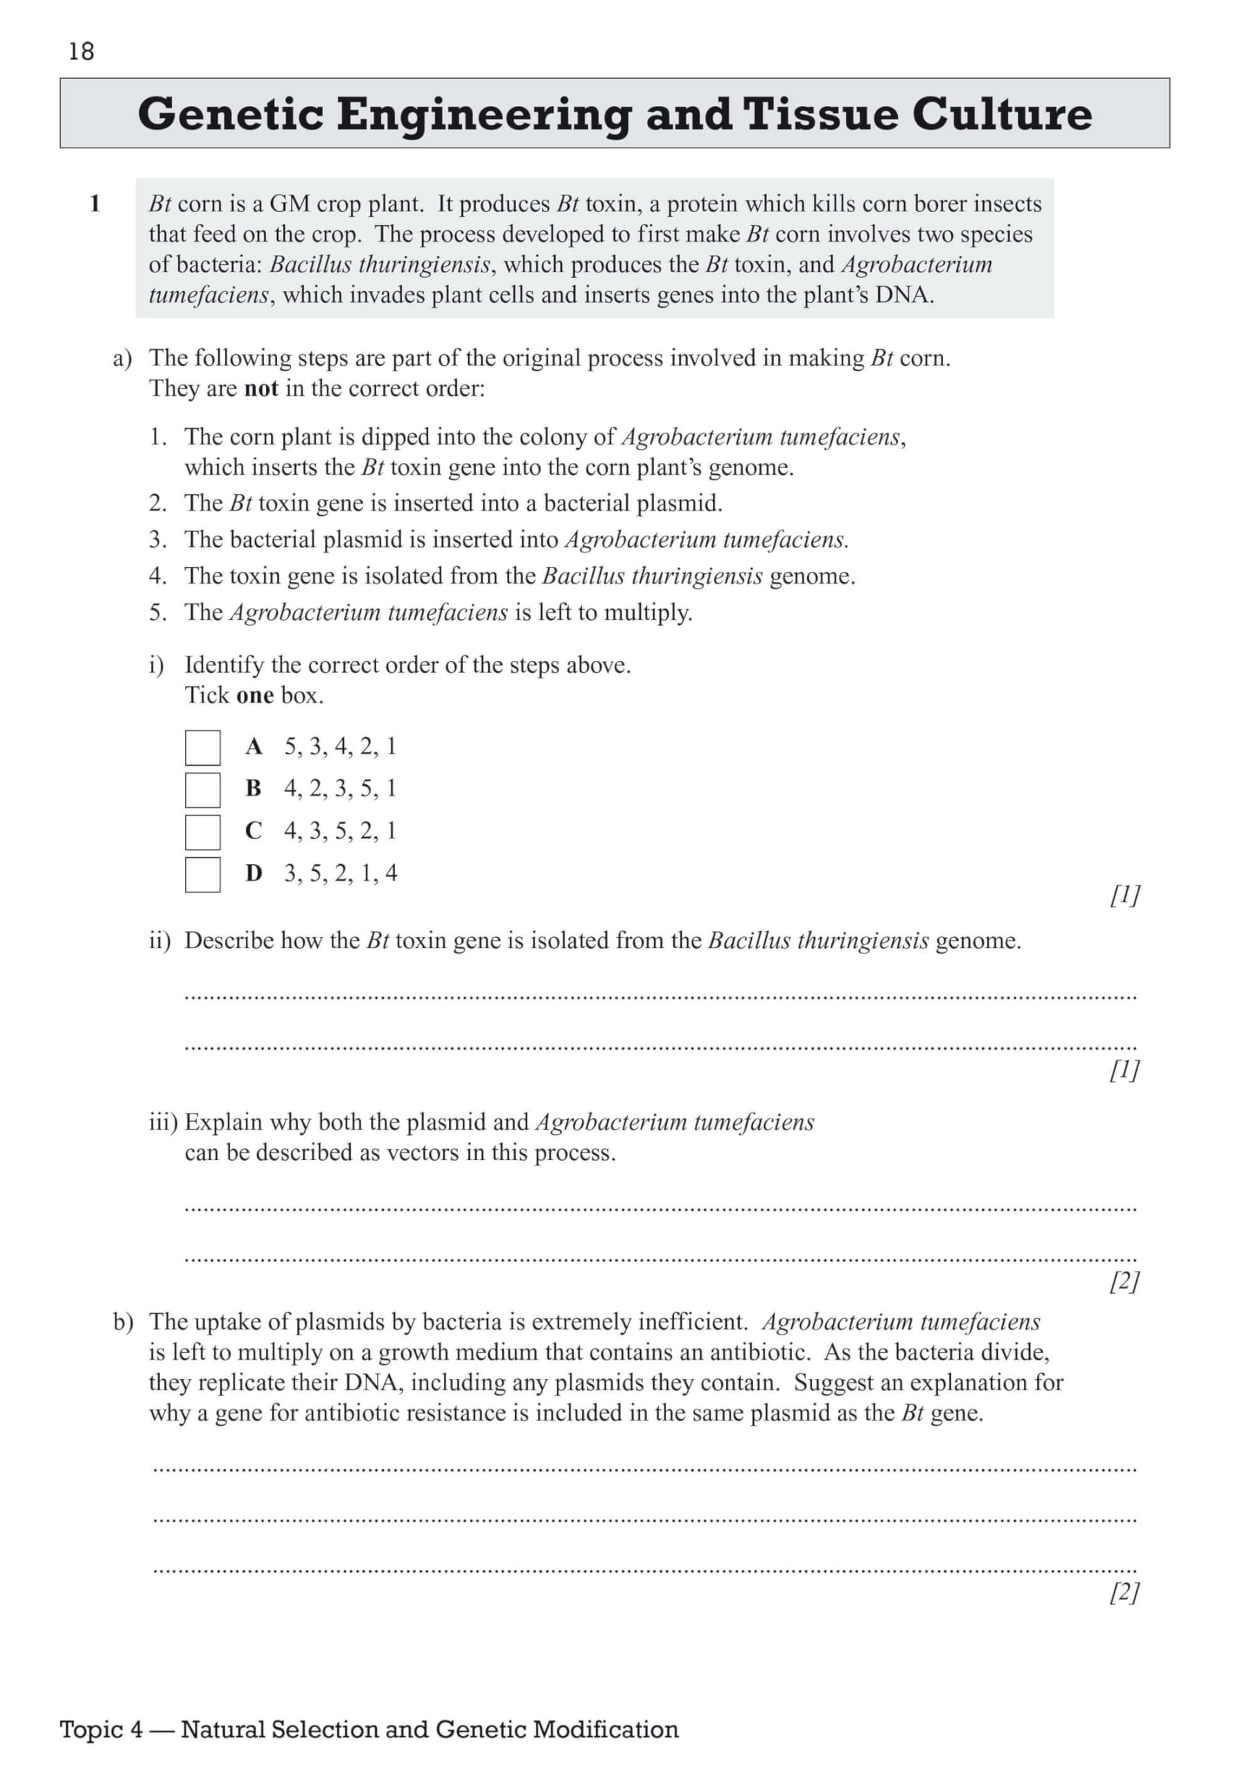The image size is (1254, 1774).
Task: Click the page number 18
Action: pyautogui.click(x=81, y=51)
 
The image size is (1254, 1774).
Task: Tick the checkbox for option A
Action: pyautogui.click(x=202, y=747)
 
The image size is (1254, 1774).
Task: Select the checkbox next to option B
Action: pyautogui.click(x=202, y=790)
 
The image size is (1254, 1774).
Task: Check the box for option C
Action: pyautogui.click(x=202, y=832)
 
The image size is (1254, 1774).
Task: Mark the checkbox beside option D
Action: pyautogui.click(x=202, y=875)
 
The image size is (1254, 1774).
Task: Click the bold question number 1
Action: pyautogui.click(x=95, y=204)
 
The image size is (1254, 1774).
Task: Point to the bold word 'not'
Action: pyautogui.click(x=260, y=389)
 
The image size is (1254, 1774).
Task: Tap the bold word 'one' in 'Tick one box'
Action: pyautogui.click(x=254, y=695)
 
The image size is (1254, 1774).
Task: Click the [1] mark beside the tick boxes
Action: pyautogui.click(x=1124, y=895)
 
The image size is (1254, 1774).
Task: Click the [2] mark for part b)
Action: pyautogui.click(x=1124, y=1592)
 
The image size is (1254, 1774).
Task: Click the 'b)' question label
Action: pyautogui.click(x=123, y=1322)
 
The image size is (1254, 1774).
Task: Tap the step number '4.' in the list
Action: pyautogui.click(x=158, y=576)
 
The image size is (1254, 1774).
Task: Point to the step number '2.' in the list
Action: pyautogui.click(x=158, y=503)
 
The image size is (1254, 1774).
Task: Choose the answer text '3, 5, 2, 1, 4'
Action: pyautogui.click(x=341, y=873)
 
